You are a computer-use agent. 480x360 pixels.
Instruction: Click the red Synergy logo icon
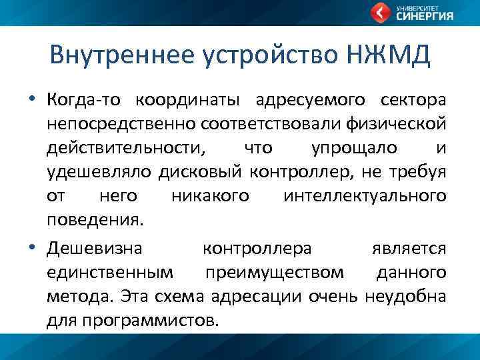[x=380, y=13]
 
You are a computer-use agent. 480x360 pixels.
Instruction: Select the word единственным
[x=111, y=273]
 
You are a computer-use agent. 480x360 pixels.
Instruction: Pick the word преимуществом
[x=275, y=273]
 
